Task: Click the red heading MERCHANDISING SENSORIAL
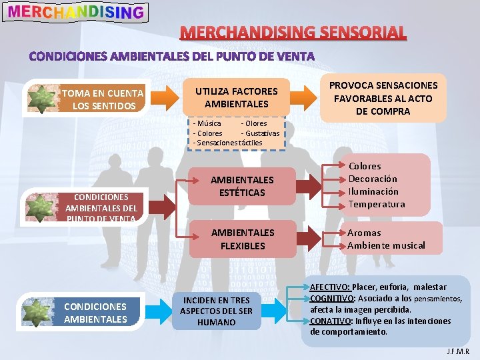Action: (x=293, y=32)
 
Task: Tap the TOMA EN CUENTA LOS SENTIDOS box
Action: (x=101, y=99)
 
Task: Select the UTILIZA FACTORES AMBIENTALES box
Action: (x=237, y=97)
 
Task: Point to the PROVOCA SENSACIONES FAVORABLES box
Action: (x=383, y=98)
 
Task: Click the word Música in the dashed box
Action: (x=208, y=123)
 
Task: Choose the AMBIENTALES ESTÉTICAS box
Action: (x=242, y=186)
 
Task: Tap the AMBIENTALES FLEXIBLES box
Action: (x=242, y=239)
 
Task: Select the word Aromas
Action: (x=364, y=233)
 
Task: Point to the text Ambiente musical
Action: (x=386, y=245)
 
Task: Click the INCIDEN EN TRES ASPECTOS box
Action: (x=217, y=311)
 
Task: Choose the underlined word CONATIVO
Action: (x=331, y=321)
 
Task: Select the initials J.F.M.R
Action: (x=458, y=351)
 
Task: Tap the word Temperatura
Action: (x=376, y=204)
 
